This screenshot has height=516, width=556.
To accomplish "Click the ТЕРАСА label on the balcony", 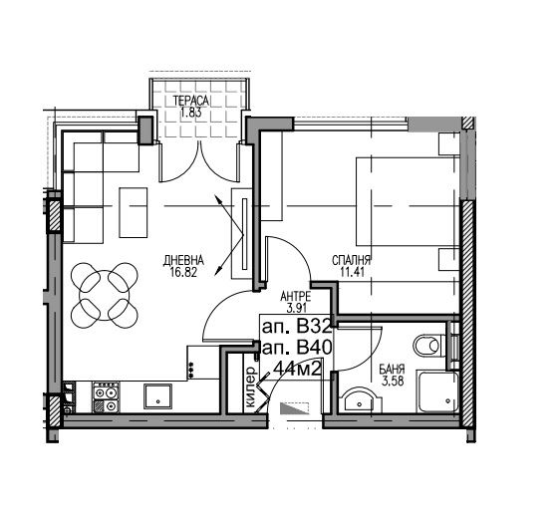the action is (x=191, y=101).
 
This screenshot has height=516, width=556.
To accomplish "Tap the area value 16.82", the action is (x=183, y=272).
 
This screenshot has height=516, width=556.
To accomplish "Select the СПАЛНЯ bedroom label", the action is (x=351, y=260).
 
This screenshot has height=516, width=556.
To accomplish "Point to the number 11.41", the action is (x=352, y=272).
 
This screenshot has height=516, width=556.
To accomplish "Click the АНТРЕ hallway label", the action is (x=296, y=296).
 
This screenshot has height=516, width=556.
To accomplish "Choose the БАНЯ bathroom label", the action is (x=392, y=370).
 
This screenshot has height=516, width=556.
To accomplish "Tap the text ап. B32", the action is (x=297, y=327).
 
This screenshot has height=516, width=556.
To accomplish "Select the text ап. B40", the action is (x=297, y=348).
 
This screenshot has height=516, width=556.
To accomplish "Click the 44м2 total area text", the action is (x=298, y=370).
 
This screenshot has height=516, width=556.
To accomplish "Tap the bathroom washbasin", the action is (x=361, y=401).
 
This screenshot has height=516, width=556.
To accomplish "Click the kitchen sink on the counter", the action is (x=157, y=397).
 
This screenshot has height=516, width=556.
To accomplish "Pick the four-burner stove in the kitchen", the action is (x=106, y=397).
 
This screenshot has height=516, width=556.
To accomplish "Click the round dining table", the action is (x=105, y=295).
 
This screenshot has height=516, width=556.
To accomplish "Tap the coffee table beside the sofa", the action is (x=134, y=212).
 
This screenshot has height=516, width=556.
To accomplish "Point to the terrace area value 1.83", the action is (x=190, y=113).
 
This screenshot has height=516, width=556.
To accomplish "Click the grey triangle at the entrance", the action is (x=292, y=408).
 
